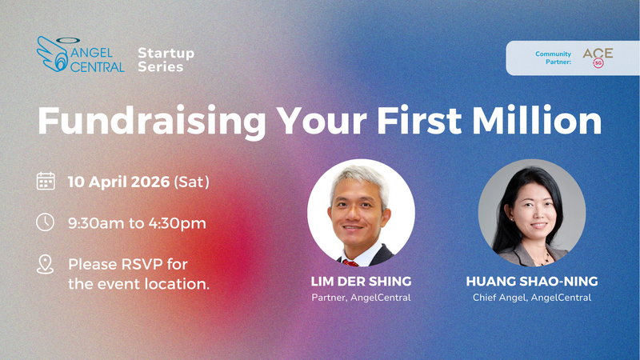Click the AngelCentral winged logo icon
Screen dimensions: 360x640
tap(54, 52)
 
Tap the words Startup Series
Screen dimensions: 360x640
tap(166, 59)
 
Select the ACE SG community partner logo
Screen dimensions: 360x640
tap(598, 58)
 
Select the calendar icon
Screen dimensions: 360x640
tap(46, 182)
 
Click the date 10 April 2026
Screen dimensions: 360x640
tap(118, 182)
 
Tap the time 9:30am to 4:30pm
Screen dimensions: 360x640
tap(137, 222)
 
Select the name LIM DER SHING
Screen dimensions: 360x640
tap(361, 281)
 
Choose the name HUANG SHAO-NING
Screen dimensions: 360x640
tap(531, 281)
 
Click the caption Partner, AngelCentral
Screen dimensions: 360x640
tap(361, 298)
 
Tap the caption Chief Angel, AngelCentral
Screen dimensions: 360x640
tap(531, 298)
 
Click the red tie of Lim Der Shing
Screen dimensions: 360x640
tap(350, 262)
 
